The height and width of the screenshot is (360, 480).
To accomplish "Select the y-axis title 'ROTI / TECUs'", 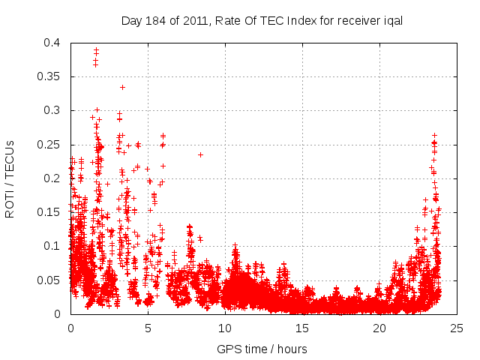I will pos(10,178).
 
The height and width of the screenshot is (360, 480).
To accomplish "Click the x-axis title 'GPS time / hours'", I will pos(262,349).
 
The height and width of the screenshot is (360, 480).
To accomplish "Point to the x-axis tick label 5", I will pos(148,328).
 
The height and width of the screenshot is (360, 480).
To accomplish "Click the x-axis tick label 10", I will pos(225,328).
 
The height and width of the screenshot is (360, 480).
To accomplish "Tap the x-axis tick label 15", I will pos(302,328).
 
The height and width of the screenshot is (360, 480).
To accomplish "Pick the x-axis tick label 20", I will pos(379,328).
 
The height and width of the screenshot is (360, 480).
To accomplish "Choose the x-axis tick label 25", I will pos(457,328).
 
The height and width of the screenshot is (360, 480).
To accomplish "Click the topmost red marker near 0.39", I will pos(96,49).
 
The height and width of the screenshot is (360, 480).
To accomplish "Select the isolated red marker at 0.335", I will pos(122,87).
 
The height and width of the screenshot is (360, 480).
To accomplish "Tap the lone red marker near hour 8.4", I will pos(200,154).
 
